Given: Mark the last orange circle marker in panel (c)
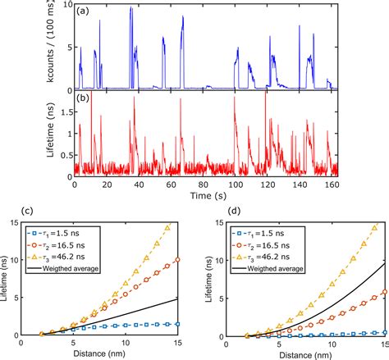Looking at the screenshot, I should (x=178, y=260).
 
